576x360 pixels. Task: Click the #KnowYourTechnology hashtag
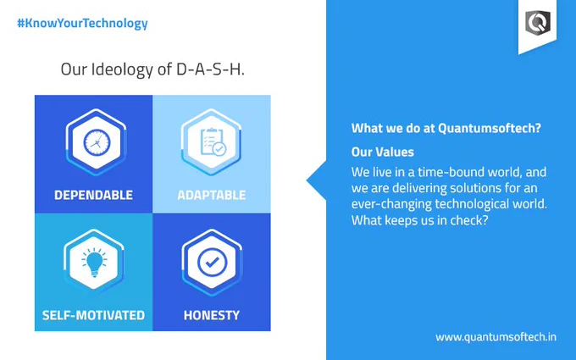[82, 24]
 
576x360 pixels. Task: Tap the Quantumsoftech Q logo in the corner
[537, 23]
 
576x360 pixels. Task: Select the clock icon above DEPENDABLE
[97, 142]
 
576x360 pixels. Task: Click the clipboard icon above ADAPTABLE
[213, 141]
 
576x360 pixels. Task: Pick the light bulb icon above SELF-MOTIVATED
[94, 263]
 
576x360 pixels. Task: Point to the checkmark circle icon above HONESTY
[212, 263]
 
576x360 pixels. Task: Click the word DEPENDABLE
[94, 195]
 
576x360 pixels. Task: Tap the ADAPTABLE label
[212, 195]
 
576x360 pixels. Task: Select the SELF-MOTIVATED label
[93, 315]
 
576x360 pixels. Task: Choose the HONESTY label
[212, 315]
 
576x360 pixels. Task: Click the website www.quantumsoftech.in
[496, 337]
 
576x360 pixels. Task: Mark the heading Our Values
[382, 152]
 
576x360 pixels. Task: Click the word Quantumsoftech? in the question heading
[490, 128]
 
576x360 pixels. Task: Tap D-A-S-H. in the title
[210, 69]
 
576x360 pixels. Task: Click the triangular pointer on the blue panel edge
[316, 180]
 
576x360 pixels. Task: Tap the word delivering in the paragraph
[419, 188]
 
